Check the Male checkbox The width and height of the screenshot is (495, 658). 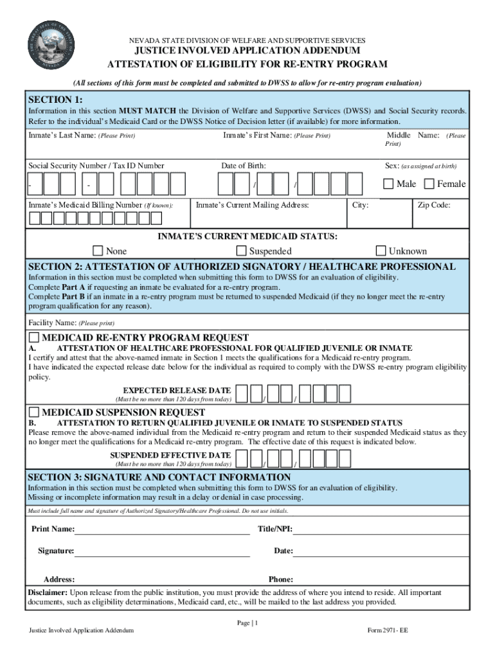click(388, 184)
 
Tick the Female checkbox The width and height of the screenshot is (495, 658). click(429, 184)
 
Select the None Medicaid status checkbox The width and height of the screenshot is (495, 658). click(98, 251)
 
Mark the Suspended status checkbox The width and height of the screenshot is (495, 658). click(242, 251)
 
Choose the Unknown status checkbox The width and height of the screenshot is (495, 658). click(381, 251)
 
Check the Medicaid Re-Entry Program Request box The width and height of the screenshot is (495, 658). click(34, 338)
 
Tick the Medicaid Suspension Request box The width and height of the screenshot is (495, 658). click(34, 412)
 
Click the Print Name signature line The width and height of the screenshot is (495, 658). click(162, 533)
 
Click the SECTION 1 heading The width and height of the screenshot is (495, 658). click(55, 100)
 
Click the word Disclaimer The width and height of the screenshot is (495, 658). click(47, 592)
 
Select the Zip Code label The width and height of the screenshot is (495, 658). click(434, 205)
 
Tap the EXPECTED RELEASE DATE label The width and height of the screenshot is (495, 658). click(177, 390)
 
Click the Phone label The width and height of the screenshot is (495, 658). click(281, 579)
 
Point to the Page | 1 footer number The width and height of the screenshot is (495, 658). click(247, 623)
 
